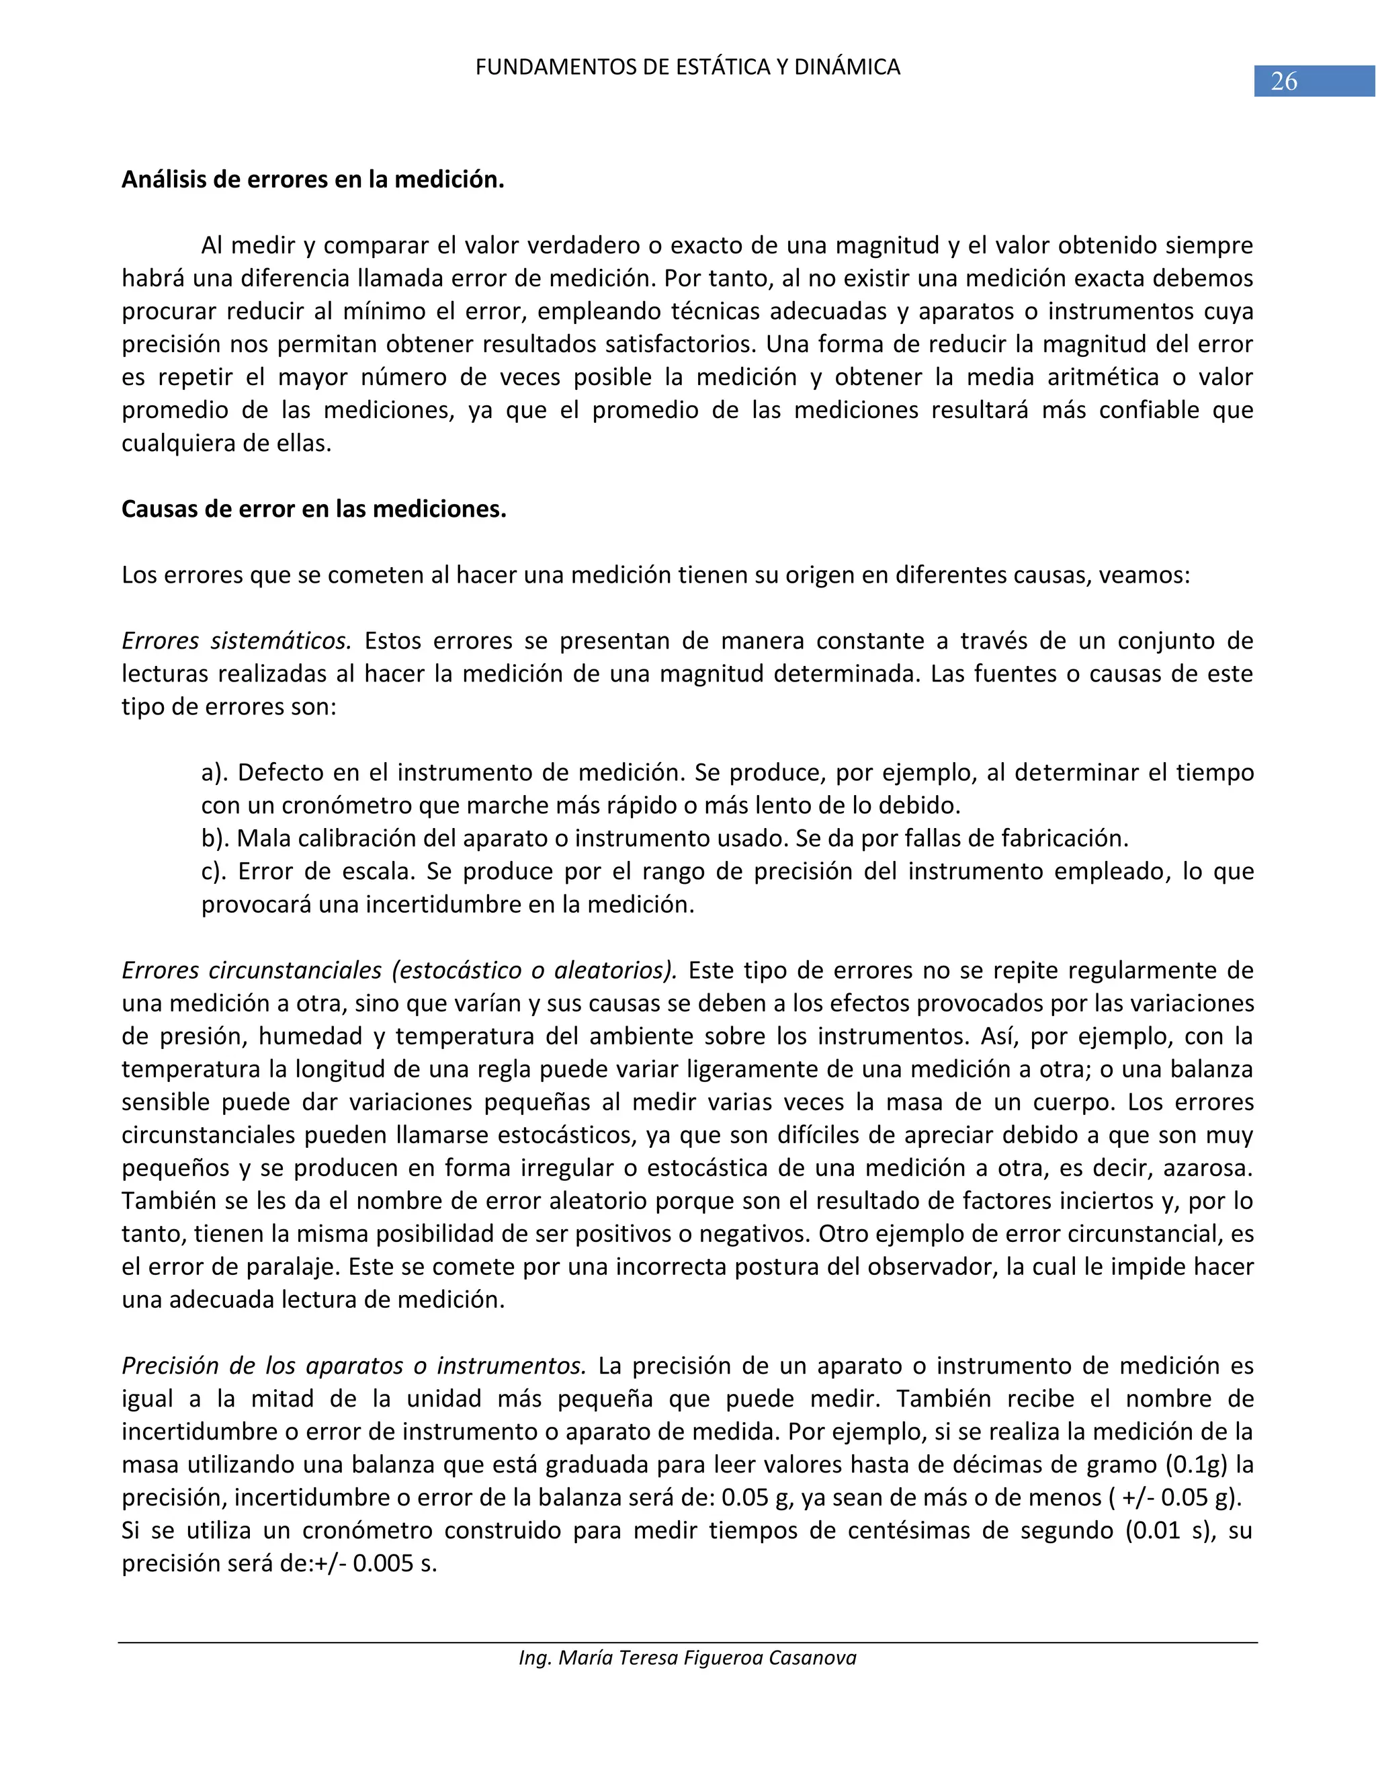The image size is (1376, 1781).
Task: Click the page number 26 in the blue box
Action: click(1284, 81)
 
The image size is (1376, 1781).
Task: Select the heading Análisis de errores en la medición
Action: click(313, 179)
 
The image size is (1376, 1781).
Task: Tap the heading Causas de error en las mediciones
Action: click(314, 509)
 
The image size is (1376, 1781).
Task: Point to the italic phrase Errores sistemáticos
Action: click(236, 641)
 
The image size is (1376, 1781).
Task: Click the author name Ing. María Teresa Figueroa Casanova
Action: click(687, 1658)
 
